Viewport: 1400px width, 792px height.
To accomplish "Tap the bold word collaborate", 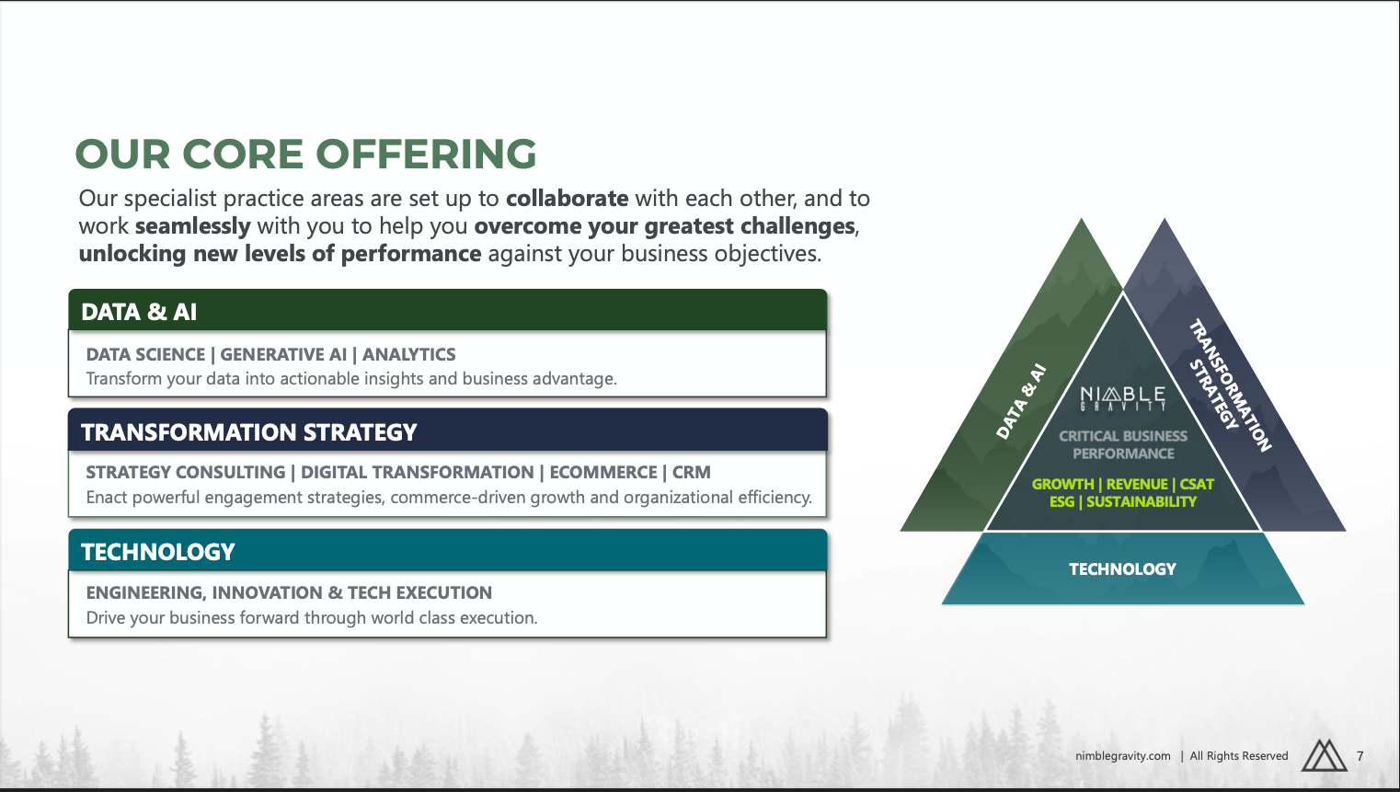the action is [567, 198].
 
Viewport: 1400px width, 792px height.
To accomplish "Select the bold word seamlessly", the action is [192, 226].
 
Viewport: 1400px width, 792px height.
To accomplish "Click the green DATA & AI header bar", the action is [447, 310].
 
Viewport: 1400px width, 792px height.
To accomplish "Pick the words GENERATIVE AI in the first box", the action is [283, 354].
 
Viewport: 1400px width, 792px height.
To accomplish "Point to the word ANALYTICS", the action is [408, 354].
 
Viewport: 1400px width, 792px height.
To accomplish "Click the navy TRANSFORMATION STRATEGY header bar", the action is [447, 430].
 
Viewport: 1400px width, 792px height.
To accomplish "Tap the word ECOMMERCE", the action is [603, 472].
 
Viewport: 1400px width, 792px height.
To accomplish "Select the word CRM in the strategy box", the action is [691, 472].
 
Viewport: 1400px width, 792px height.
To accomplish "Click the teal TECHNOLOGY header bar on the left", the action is [447, 550].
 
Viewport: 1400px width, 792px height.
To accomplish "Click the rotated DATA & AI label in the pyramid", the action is [1021, 401].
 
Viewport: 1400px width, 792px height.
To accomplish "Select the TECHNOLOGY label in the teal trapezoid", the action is [1122, 568].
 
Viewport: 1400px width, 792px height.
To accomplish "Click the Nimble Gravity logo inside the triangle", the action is [1123, 398].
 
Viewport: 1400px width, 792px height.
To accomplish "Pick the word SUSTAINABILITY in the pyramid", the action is [1142, 501].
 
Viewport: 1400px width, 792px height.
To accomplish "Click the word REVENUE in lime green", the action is [1137, 484].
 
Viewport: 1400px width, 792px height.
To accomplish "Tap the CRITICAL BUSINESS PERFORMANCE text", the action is [1123, 444].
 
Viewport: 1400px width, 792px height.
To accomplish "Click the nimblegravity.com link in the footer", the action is [1122, 756].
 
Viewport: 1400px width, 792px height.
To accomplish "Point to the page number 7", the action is [1360, 756].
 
